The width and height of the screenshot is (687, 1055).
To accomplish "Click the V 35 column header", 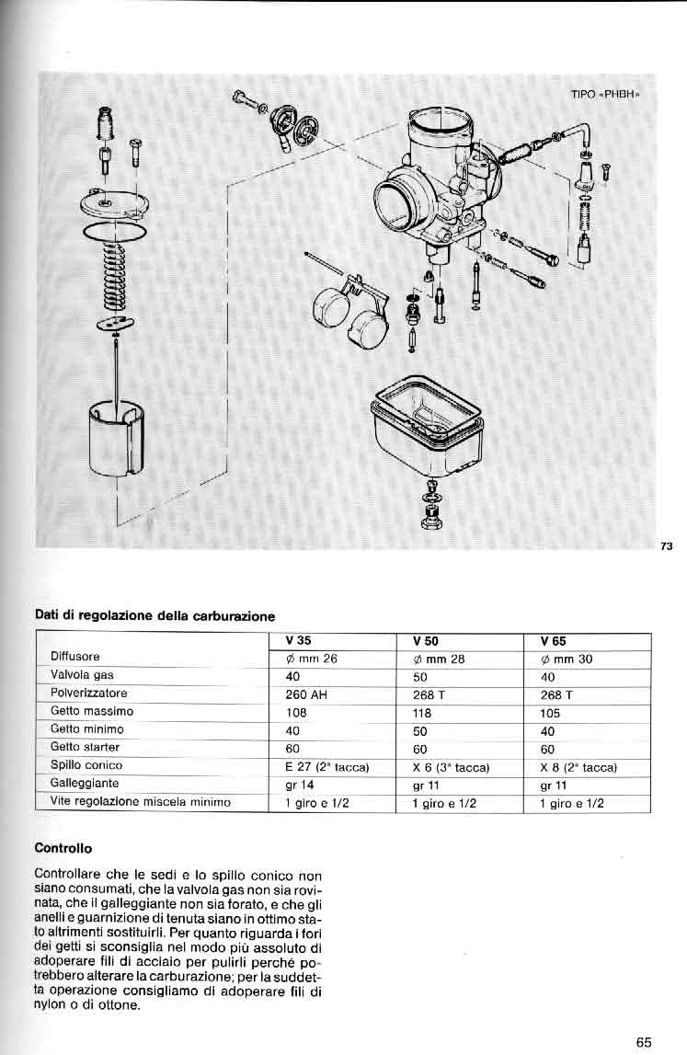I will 298,641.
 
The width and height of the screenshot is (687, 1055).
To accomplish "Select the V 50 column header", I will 426,641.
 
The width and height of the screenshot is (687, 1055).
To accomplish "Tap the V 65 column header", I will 554,641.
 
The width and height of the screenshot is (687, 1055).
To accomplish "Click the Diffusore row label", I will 74,657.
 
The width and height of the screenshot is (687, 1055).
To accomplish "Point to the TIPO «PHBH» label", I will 604,95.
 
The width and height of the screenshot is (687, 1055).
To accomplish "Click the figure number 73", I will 667,546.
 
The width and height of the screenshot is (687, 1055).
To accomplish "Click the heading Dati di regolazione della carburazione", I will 155,615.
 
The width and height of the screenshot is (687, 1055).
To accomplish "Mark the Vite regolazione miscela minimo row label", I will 140,802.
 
